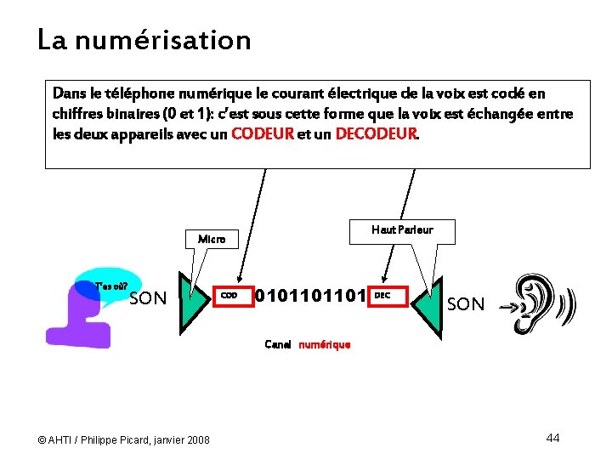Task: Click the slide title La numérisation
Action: (x=144, y=40)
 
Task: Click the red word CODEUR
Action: (x=263, y=133)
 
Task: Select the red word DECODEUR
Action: (x=377, y=133)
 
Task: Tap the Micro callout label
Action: (x=212, y=240)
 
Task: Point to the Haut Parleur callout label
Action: (x=402, y=230)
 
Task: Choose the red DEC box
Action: (x=388, y=296)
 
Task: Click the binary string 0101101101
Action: (x=310, y=296)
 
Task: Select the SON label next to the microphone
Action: (x=148, y=298)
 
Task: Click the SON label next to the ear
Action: (x=465, y=304)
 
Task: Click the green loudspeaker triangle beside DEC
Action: (x=428, y=304)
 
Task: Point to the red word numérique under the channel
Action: (x=324, y=345)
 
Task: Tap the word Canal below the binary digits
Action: (x=278, y=345)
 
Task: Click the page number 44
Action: (x=552, y=438)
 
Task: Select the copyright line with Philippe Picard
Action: (x=124, y=439)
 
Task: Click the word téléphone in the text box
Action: (x=141, y=93)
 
